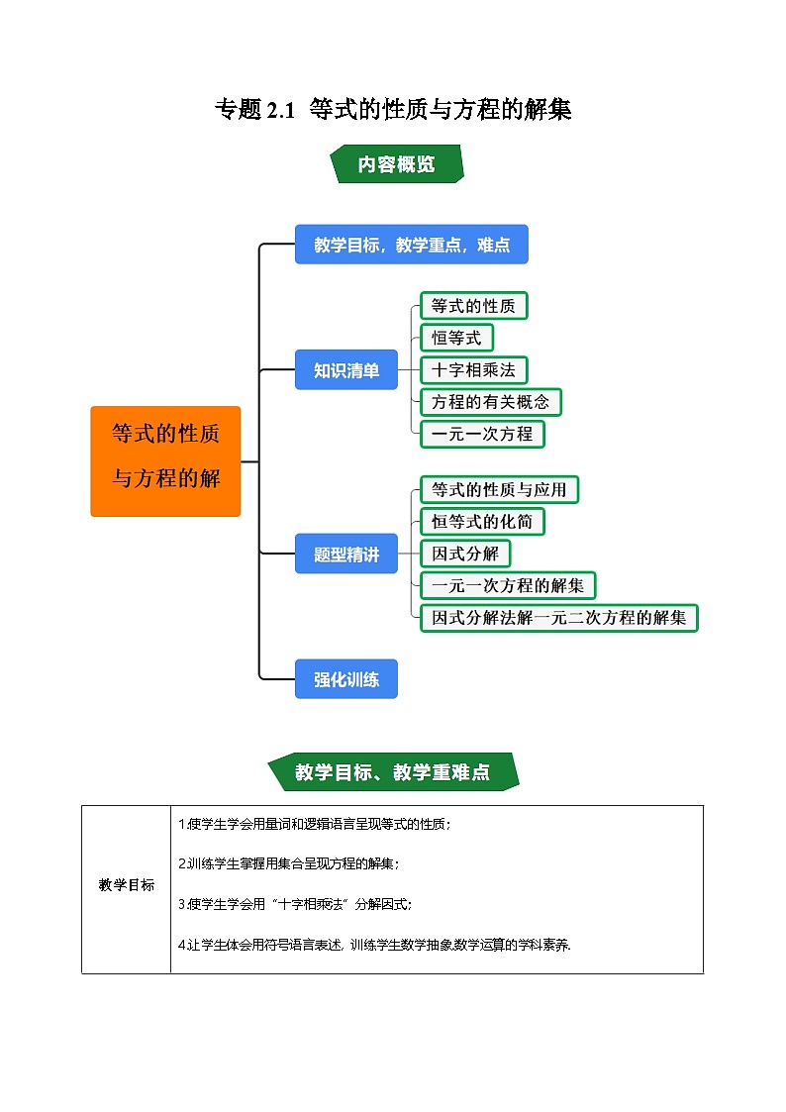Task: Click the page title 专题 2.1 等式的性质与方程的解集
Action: (x=393, y=110)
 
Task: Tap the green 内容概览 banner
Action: (x=396, y=164)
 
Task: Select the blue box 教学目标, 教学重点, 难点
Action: (x=411, y=245)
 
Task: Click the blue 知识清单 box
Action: (x=345, y=370)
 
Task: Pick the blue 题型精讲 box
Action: (x=345, y=555)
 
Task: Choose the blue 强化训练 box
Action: (x=345, y=679)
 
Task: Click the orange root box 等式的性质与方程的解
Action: (x=165, y=461)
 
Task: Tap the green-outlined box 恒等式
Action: (x=455, y=338)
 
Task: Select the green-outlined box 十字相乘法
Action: (x=473, y=370)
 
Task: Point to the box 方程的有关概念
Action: (x=490, y=402)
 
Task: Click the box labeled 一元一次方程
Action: (x=482, y=434)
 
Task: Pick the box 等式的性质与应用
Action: (x=499, y=489)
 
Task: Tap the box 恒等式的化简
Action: (x=482, y=521)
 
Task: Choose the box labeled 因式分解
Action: (x=465, y=553)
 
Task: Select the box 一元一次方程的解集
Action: (x=508, y=585)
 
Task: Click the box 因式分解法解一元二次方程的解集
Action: (x=558, y=618)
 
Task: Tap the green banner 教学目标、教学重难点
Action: (x=393, y=772)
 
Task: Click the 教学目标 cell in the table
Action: (x=127, y=885)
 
